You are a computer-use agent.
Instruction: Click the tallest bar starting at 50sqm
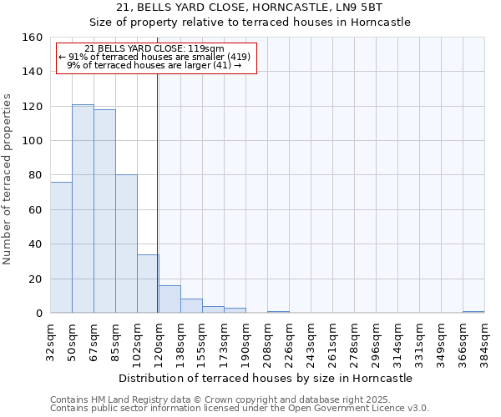point(83,208)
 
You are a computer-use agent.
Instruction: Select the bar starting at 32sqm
point(61,248)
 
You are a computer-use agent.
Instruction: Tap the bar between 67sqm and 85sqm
point(104,211)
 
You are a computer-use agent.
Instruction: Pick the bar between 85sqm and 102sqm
point(126,244)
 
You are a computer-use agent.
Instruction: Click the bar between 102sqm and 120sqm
point(148,284)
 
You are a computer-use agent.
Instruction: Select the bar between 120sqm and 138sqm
point(170,299)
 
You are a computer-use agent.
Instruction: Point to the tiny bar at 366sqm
point(473,312)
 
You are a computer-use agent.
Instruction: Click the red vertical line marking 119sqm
point(157,192)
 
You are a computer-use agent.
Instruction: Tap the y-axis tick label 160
point(33,38)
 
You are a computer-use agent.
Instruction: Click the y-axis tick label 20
point(36,279)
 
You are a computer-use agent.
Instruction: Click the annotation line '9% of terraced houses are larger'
point(154,64)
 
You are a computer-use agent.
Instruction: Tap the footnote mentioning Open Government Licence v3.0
point(240,408)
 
